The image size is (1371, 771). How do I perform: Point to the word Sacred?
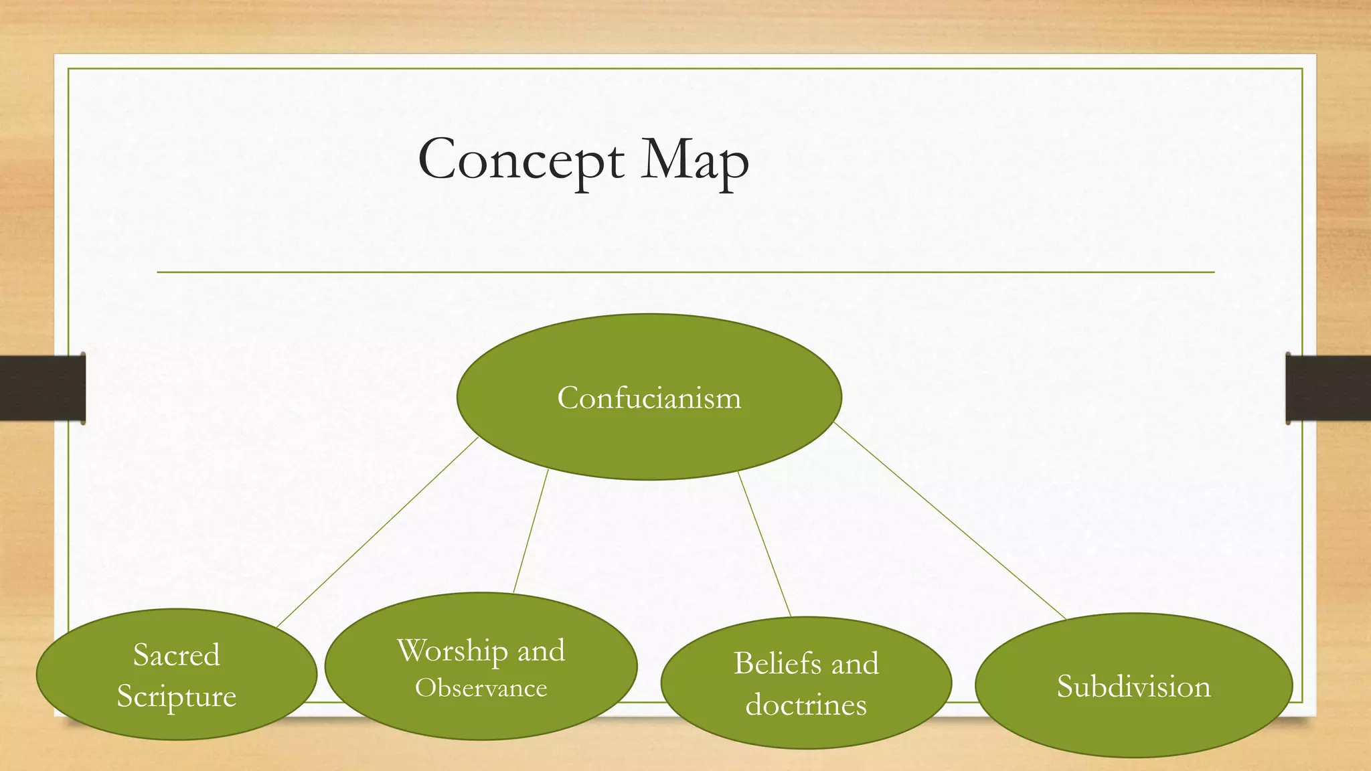pos(176,655)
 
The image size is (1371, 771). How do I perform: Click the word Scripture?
pos(176,696)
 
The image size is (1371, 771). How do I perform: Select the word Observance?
pos(481,688)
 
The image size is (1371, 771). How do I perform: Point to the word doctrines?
pos(806,705)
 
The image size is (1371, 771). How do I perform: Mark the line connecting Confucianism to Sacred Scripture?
pos(377,532)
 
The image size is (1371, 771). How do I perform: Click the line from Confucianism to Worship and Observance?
pos(531,531)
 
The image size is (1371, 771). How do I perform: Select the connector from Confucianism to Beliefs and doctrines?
pos(764,543)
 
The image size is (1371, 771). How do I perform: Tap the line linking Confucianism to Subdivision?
pos(949,521)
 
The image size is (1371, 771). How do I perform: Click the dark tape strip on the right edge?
pos(1328,388)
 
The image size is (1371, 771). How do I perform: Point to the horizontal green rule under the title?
pos(685,272)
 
